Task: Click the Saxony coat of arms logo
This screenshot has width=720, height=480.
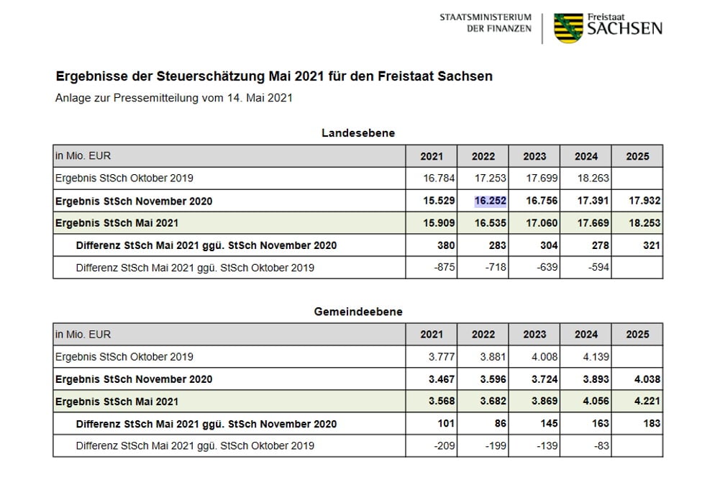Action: click(568, 27)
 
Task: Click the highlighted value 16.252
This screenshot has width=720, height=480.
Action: click(491, 201)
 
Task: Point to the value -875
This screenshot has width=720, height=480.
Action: click(442, 268)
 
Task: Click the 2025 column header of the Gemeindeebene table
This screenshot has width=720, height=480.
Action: click(637, 335)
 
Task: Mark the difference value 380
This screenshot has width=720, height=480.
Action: click(445, 245)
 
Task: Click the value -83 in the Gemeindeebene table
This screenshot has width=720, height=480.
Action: click(599, 446)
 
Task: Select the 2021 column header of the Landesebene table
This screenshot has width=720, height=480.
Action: click(432, 156)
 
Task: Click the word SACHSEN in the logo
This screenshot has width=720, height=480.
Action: click(624, 30)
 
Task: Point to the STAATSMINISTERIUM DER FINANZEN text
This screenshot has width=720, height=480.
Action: click(486, 23)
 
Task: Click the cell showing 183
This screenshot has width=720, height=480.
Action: click(651, 424)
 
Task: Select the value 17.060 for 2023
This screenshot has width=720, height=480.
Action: click(541, 223)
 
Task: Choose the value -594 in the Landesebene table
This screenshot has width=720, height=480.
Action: click(596, 268)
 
